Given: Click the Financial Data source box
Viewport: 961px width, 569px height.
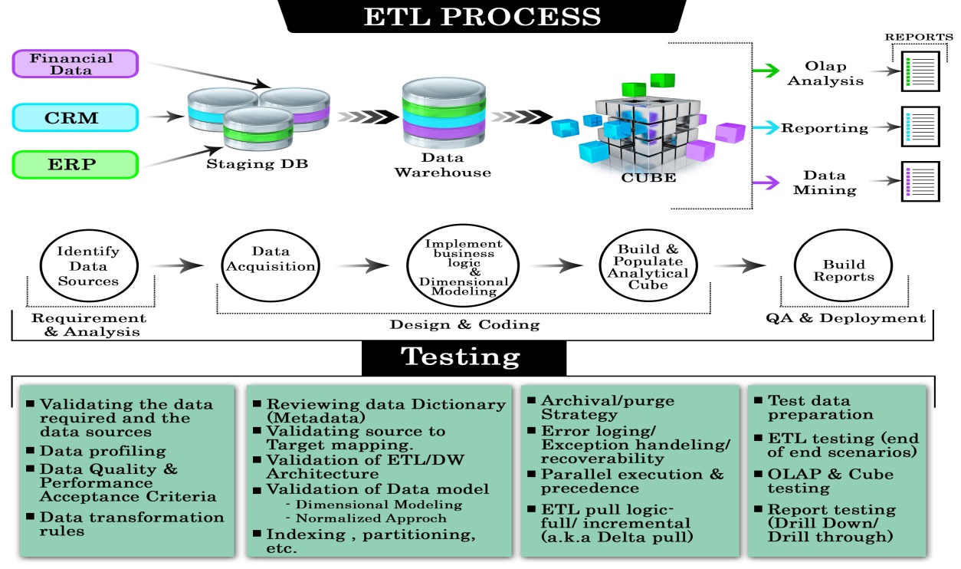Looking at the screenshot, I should [74, 64].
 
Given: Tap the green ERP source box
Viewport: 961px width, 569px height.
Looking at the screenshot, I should [74, 165].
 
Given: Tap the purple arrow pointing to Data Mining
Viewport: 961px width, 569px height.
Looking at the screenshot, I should [765, 183].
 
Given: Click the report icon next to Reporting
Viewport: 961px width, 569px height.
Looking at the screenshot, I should [920, 127].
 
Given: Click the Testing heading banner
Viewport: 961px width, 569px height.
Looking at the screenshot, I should [461, 357].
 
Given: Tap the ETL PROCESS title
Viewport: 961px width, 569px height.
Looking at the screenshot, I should [482, 17].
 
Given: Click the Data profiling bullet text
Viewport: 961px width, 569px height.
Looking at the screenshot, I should [103, 451].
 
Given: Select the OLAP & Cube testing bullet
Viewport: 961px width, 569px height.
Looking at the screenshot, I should [830, 481].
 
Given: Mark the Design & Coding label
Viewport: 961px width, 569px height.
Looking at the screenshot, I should [464, 324].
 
